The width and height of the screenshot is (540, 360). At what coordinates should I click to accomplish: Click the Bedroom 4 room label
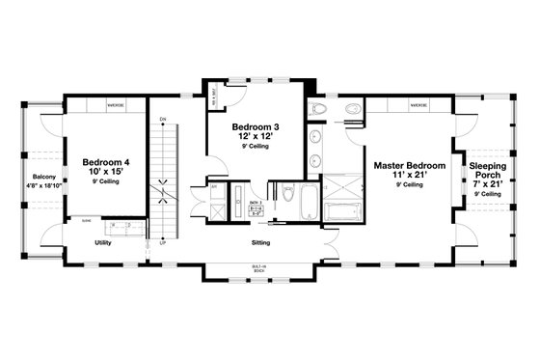coord(107,161)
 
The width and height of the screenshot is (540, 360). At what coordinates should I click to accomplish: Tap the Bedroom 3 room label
coord(256,127)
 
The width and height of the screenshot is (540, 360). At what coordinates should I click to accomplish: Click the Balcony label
coord(44,177)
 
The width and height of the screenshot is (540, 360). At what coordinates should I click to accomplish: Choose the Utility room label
coord(103,243)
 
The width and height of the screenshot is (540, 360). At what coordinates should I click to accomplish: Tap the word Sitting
coord(260,243)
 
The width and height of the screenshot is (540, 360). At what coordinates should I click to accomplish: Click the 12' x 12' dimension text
coord(256,137)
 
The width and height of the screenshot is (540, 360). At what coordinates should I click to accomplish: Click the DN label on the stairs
coord(163,120)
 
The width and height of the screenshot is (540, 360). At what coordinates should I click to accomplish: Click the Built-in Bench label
coord(258,270)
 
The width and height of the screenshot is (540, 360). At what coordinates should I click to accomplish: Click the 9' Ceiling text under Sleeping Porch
coord(489,194)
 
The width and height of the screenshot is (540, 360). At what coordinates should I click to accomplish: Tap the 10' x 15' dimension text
coord(107,171)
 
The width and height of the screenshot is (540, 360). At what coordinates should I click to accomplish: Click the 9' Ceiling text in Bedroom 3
coord(256,147)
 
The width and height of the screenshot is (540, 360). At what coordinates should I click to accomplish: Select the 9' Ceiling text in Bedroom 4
coord(107,180)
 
